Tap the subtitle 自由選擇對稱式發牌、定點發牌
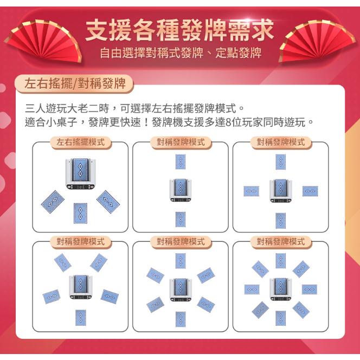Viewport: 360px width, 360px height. coord(180,53)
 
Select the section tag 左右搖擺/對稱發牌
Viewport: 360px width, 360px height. coord(75,83)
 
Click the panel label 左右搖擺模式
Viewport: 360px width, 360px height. coord(80,143)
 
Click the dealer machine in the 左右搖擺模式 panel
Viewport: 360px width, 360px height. coord(81,173)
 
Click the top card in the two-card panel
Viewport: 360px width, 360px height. coord(180,161)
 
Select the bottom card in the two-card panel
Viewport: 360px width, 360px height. coord(180,219)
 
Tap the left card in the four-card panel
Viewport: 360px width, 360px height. coord(250,191)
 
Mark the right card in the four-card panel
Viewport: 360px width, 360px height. coord(310,191)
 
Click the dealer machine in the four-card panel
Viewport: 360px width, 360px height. coord(280,190)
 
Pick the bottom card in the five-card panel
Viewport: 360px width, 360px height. coord(80,317)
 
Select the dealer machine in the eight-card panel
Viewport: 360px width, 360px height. coord(280,288)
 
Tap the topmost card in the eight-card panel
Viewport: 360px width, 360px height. coord(280,260)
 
